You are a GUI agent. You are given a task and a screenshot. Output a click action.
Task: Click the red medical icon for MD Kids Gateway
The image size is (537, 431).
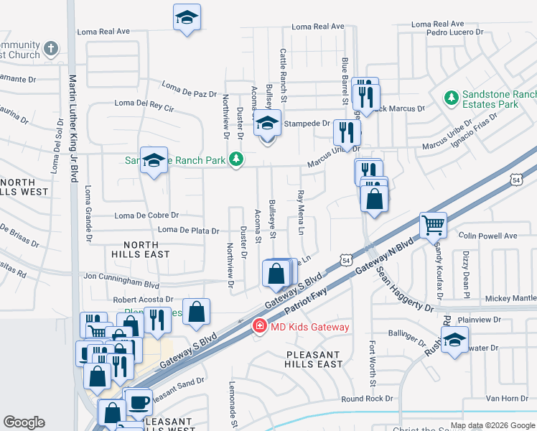[257, 327]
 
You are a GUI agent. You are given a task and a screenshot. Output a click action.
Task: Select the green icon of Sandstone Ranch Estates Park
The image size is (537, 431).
[451, 97]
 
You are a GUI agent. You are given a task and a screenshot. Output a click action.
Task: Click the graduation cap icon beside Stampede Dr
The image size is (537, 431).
[268, 123]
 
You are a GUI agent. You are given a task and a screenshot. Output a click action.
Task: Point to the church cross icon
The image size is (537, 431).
[50, 49]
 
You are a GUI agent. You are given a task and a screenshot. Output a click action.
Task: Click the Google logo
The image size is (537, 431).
[24, 422]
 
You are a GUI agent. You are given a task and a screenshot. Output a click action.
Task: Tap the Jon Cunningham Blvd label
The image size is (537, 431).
[121, 275]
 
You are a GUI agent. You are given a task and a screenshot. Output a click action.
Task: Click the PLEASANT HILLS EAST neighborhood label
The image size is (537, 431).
[314, 359]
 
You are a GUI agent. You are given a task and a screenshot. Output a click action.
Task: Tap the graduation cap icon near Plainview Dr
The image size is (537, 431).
[454, 340]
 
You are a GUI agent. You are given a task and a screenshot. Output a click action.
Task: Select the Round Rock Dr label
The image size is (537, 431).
[368, 399]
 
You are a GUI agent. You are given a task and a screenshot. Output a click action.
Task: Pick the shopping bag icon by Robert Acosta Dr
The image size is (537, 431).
[196, 312]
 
